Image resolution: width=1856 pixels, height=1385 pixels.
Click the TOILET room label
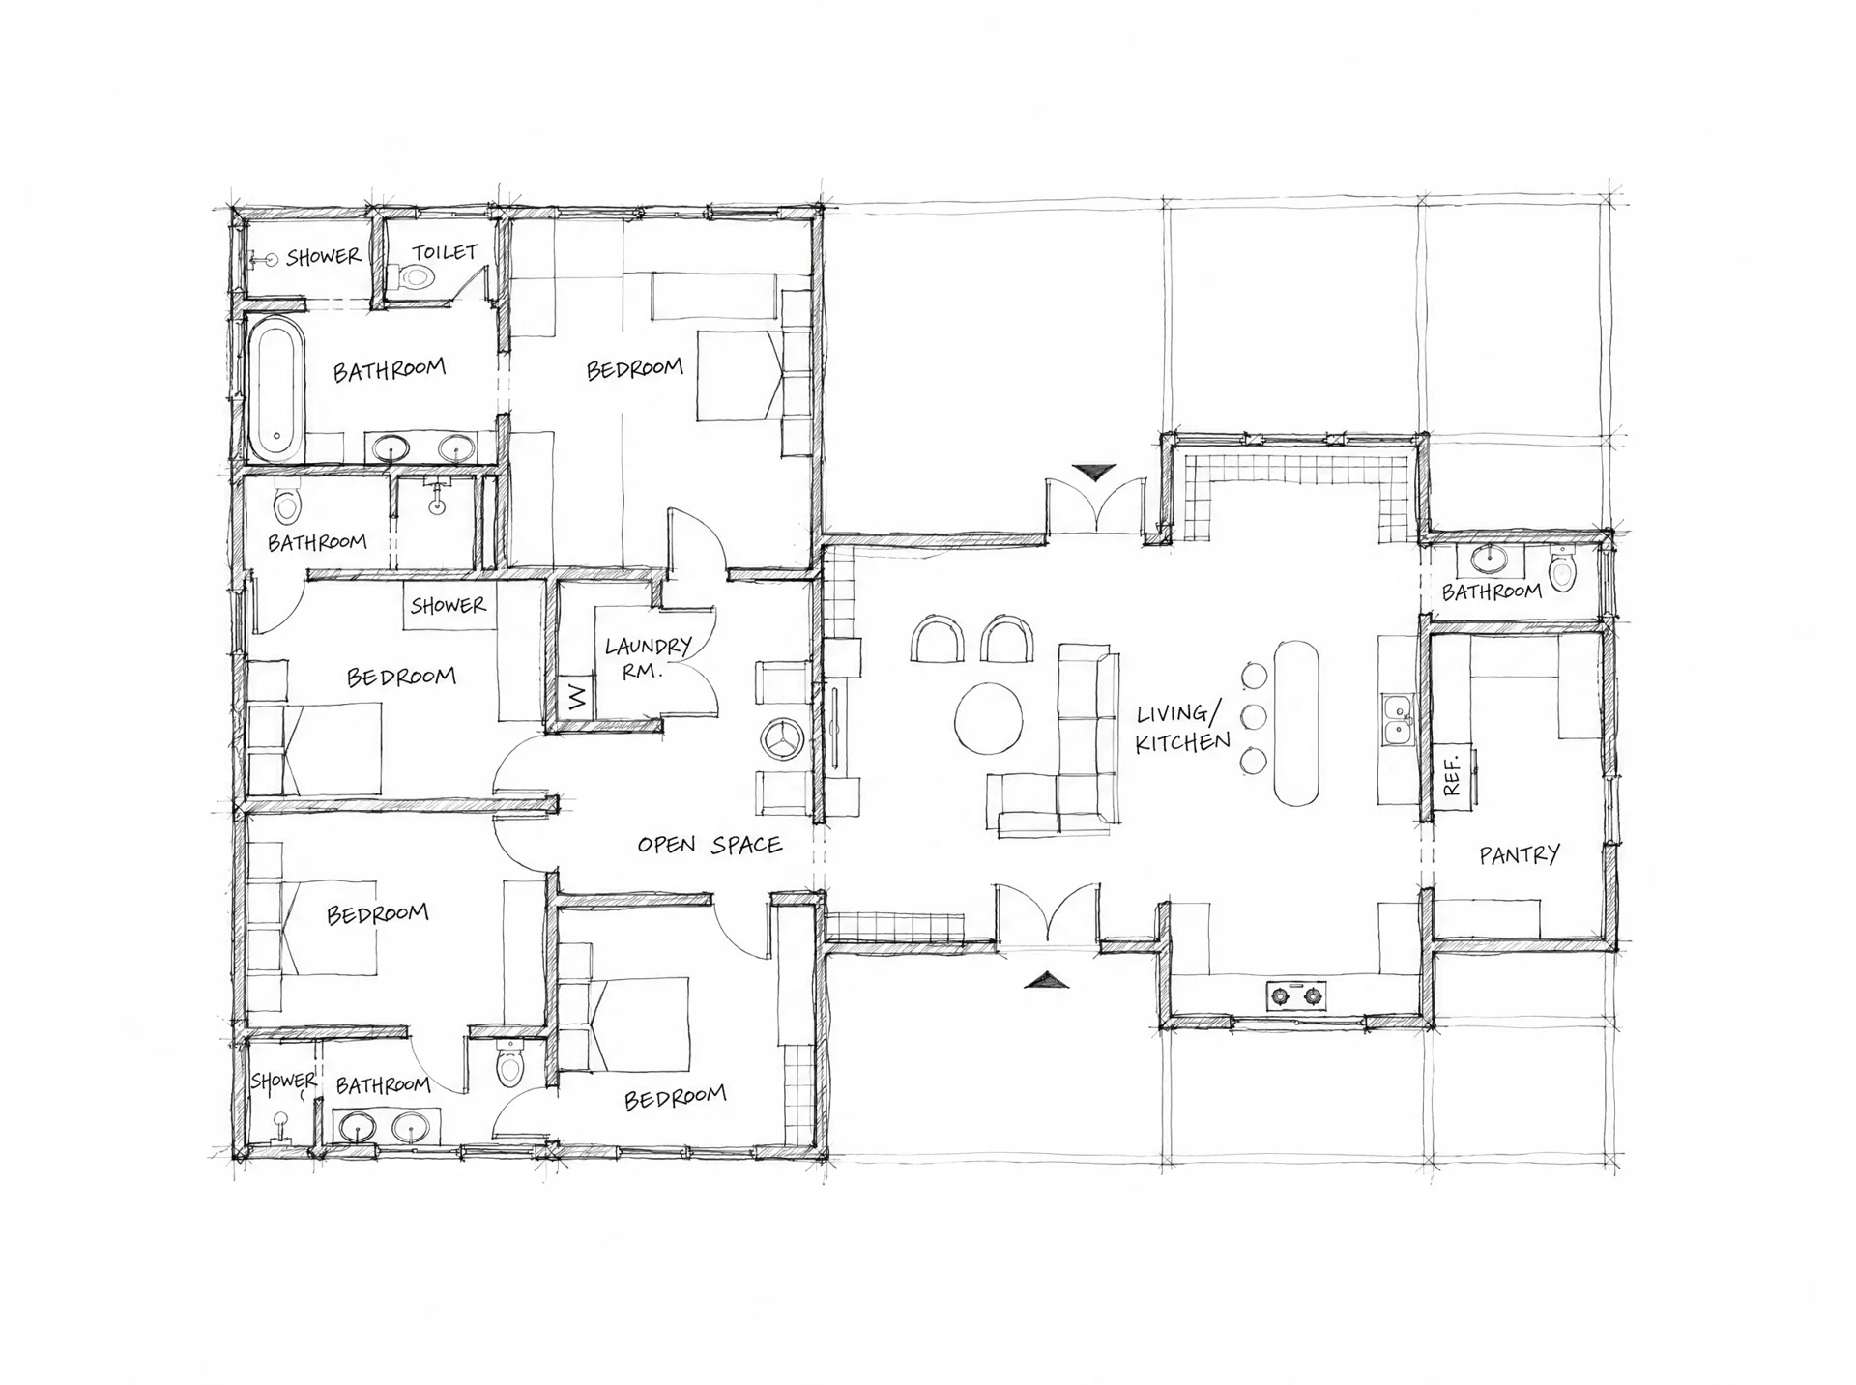pos(445,252)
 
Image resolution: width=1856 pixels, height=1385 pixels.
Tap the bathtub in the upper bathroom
pos(277,389)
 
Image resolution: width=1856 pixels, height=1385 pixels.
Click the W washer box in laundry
pos(577,696)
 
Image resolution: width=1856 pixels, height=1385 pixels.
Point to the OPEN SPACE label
pos(710,845)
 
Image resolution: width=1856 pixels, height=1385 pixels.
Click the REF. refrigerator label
pos(1451,774)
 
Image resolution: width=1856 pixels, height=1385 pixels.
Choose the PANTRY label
pos(1520,854)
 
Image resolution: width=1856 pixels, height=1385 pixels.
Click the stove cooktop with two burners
pos(1297,995)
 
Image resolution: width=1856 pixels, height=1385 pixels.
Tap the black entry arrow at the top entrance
pos(1094,473)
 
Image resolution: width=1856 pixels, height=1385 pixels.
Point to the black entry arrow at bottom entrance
pos(1047,981)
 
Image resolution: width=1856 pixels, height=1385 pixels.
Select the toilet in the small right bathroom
pos(1561,570)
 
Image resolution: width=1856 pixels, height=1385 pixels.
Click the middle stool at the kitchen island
pos(1254,716)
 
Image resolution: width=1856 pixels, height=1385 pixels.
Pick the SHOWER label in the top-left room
pos(323,256)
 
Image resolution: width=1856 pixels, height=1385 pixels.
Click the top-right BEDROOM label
pos(634,368)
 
